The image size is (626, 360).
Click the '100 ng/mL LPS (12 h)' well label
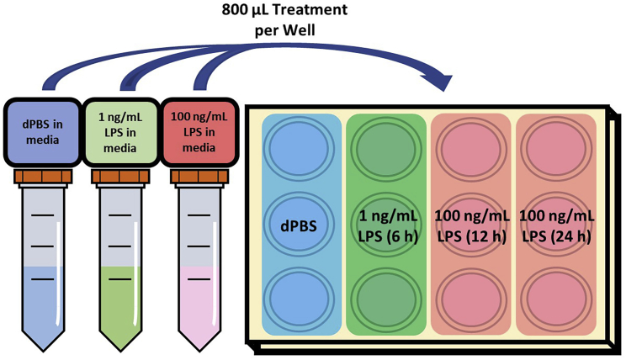click(471, 225)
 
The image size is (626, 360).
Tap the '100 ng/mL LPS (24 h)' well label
click(555, 225)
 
